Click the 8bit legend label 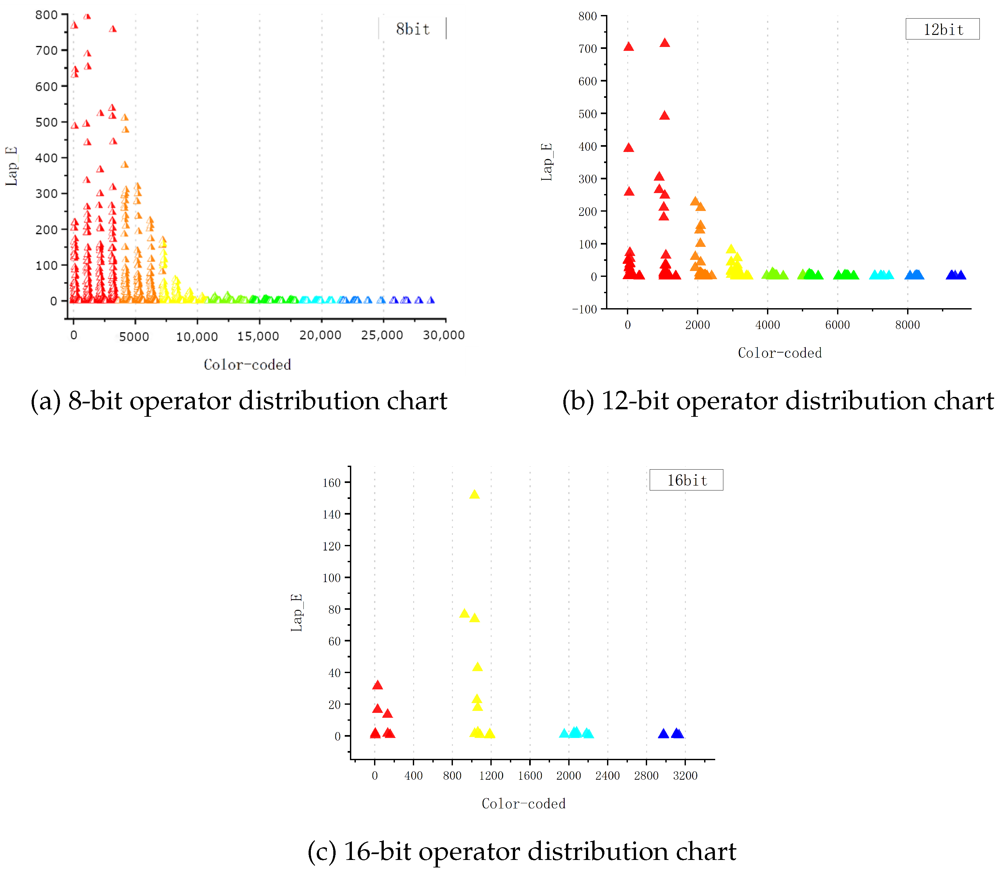413,29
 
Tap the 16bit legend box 686,480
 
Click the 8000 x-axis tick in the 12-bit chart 907,325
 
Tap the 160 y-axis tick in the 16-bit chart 332,483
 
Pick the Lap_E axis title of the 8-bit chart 12,166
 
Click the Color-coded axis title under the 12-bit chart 779,353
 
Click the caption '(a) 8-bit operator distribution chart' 239,401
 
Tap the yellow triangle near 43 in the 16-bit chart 477,667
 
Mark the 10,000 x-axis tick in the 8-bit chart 197,336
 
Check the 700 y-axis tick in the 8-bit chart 46,51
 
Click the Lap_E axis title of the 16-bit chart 297,612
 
